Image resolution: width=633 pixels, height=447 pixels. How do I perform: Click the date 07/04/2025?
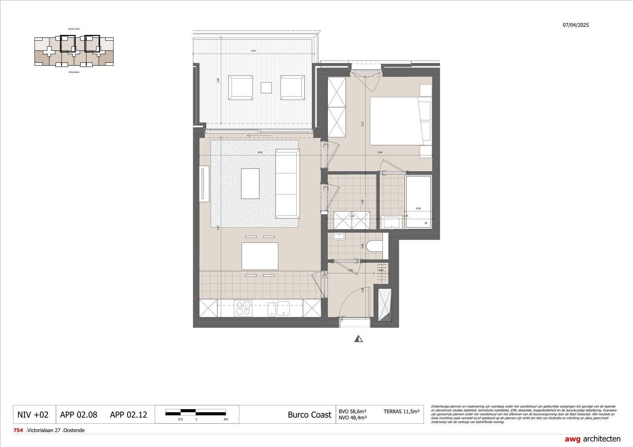pos(576,25)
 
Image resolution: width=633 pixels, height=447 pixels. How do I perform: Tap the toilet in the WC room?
pos(374,246)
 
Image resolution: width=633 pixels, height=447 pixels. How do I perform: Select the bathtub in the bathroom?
pos(418,202)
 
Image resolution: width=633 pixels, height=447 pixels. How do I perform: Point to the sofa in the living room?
pos(287,183)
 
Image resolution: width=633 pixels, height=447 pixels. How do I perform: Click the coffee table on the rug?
pos(250,183)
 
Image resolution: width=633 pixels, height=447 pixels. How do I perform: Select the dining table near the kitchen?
pos(259,256)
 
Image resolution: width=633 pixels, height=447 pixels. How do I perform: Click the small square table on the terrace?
pos(266,88)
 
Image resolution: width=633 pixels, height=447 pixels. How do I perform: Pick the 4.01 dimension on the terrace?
pos(253,51)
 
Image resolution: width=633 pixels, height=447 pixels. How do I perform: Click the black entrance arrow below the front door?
pos(358,339)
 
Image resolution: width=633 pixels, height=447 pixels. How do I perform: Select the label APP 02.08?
pos(79,415)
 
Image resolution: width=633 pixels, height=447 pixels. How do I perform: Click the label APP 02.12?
pos(128,415)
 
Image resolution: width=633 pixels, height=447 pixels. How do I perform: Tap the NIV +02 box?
pos(33,415)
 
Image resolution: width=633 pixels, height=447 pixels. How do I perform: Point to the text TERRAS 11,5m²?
pos(401,411)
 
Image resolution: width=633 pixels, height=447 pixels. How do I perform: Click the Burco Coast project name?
pos(310,415)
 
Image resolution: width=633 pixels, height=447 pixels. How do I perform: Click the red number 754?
pos(18,430)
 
